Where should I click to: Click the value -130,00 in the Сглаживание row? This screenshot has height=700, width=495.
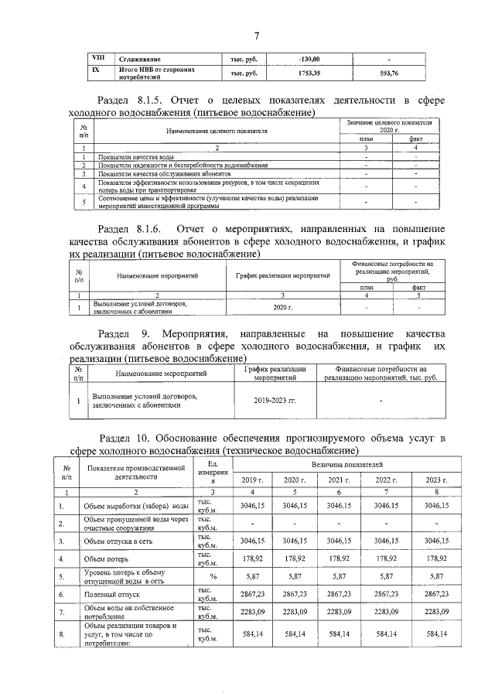click(x=309, y=59)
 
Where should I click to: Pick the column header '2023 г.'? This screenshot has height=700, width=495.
click(x=437, y=481)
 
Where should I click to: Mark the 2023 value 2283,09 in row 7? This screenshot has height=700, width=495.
click(x=437, y=613)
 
